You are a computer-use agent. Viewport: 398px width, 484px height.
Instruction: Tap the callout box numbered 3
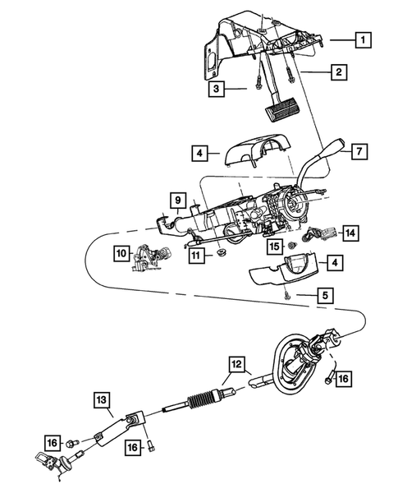click(216, 87)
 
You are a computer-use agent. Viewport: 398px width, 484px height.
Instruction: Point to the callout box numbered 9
click(176, 199)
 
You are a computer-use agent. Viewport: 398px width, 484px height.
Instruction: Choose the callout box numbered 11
click(196, 256)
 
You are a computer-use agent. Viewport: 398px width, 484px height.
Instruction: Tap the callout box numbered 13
click(100, 401)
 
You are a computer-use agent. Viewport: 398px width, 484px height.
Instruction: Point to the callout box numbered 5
click(327, 294)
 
